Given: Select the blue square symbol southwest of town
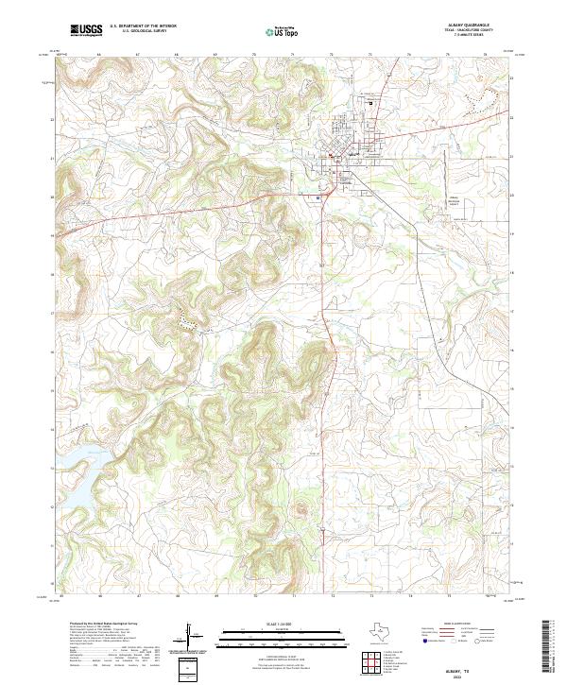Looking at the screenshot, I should (319, 197).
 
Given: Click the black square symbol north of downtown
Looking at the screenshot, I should (370, 103).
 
